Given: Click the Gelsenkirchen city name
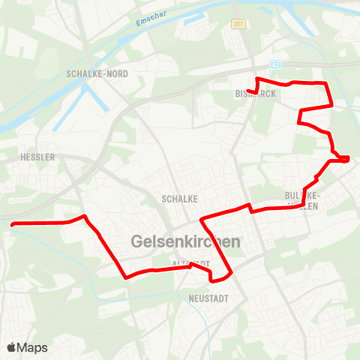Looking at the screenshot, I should (185, 242).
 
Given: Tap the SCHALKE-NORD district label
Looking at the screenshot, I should (97, 73).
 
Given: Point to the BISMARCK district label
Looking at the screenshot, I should (256, 94).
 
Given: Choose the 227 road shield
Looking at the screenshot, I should (238, 24).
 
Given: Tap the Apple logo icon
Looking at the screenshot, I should (11, 347).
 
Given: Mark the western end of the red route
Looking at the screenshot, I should (11, 223).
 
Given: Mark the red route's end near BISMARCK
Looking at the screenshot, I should (248, 92).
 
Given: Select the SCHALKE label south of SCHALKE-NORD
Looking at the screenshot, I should (179, 199).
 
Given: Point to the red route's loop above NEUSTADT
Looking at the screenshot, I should (219, 279).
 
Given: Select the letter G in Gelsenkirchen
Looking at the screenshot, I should (138, 242).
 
